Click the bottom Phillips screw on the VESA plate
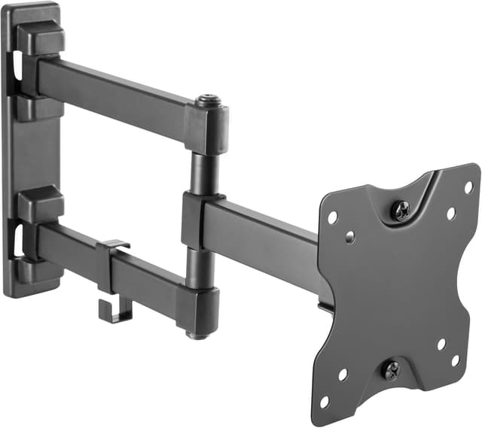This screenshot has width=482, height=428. coord(392,370)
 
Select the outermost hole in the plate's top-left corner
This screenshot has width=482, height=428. coord(331,217)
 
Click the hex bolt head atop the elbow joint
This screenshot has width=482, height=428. coord(206,101)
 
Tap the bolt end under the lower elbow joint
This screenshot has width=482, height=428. coord(197,334)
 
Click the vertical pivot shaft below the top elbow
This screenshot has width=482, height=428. coord(203,173)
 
